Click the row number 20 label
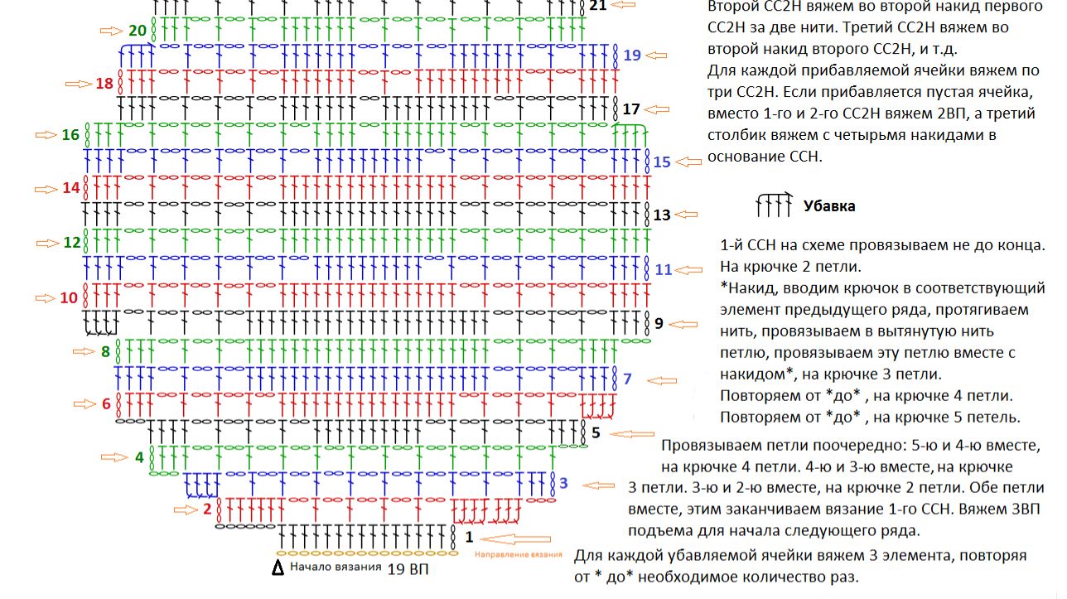[138, 31]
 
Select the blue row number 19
[633, 56]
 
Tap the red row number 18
[104, 84]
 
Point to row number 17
[631, 109]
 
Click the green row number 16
[71, 135]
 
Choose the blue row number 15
[662, 162]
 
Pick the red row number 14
[71, 188]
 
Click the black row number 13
[662, 215]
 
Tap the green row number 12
[72, 243]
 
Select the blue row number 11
[664, 269]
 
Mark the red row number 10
[70, 297]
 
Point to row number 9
[659, 323]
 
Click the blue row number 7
[627, 379]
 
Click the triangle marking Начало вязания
[278, 569]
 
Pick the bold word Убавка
[829, 206]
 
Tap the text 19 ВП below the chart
[408, 569]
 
